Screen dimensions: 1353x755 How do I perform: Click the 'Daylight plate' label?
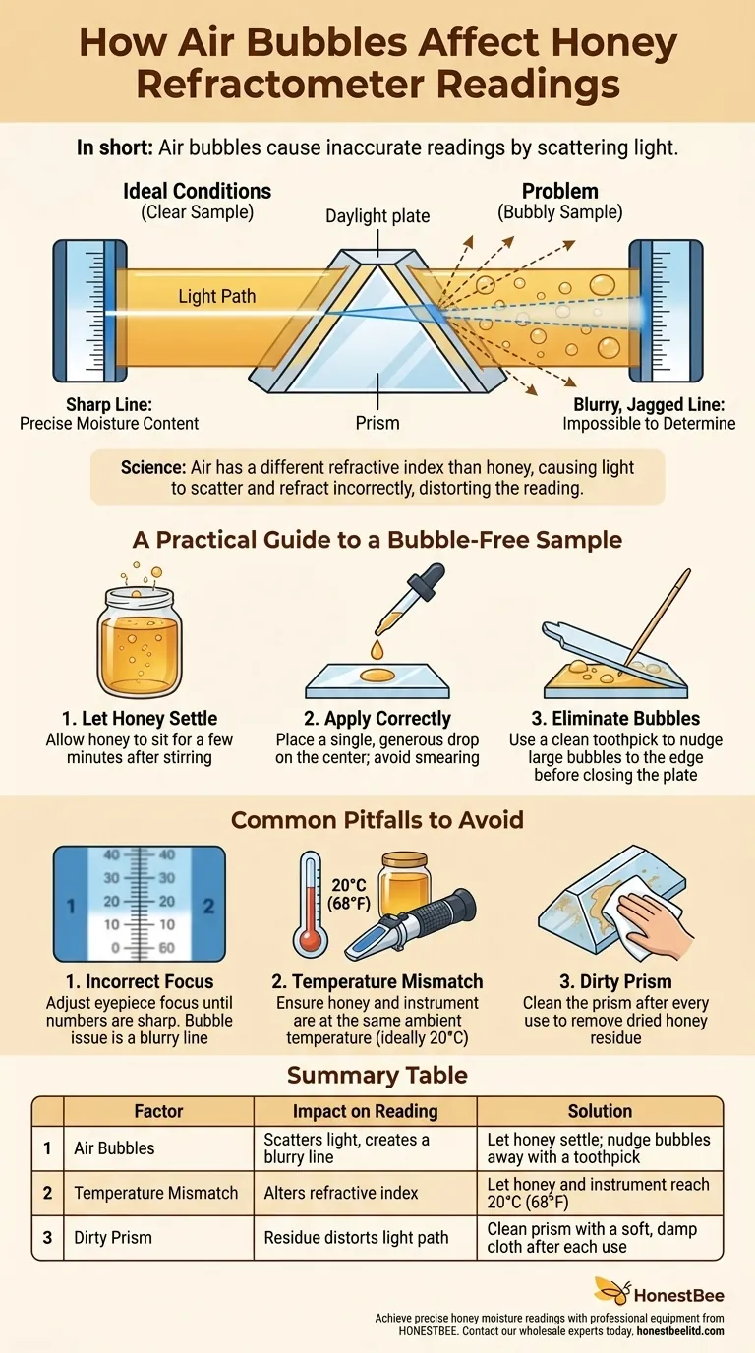click(x=377, y=214)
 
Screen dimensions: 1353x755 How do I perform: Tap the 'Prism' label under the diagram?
click(x=377, y=424)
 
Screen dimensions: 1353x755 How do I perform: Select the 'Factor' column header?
click(x=158, y=1111)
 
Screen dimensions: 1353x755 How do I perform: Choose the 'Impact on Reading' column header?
click(x=365, y=1111)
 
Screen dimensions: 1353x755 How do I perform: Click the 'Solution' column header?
click(x=600, y=1111)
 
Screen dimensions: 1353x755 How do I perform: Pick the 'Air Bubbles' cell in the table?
click(x=114, y=1148)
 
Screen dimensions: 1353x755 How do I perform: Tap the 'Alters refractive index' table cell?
click(x=341, y=1193)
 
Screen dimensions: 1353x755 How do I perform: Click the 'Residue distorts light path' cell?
click(x=356, y=1239)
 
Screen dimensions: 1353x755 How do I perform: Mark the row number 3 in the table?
click(x=47, y=1239)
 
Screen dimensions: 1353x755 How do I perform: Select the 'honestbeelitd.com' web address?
click(x=680, y=1330)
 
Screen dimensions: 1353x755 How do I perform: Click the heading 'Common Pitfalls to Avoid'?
click(x=377, y=820)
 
